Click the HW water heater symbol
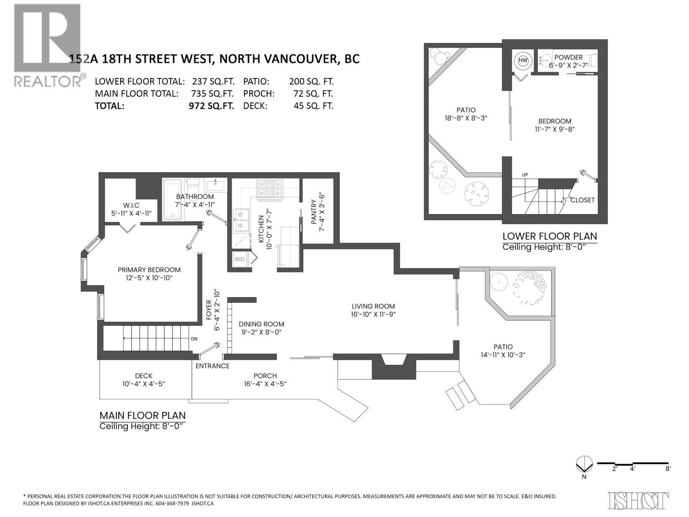[x=523, y=61]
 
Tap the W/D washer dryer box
[x=239, y=259]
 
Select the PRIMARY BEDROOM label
[x=149, y=270]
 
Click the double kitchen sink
[x=240, y=220]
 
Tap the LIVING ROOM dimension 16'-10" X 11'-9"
[x=373, y=315]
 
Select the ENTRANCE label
[x=212, y=366]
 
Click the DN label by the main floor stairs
[x=194, y=339]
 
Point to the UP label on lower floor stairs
[x=525, y=174]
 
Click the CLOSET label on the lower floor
[x=582, y=200]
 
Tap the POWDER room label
[x=568, y=57]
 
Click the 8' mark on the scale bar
[x=667, y=469]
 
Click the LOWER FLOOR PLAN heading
[x=549, y=236]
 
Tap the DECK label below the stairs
[x=143, y=376]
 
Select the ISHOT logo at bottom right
[x=638, y=500]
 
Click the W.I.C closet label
[x=131, y=205]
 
